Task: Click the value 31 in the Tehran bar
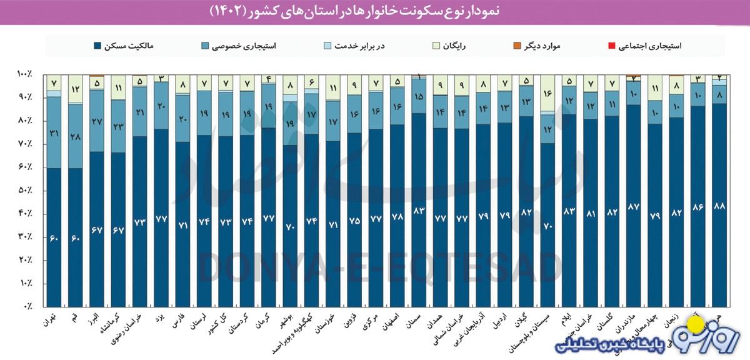pyautogui.click(x=54, y=133)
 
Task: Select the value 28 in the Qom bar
pyautogui.click(x=76, y=136)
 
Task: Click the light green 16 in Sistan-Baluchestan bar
pyautogui.click(x=547, y=93)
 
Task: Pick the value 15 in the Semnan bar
pyautogui.click(x=419, y=96)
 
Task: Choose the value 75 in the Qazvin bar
pyautogui.click(x=353, y=220)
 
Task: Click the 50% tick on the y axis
pyautogui.click(x=25, y=191)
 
